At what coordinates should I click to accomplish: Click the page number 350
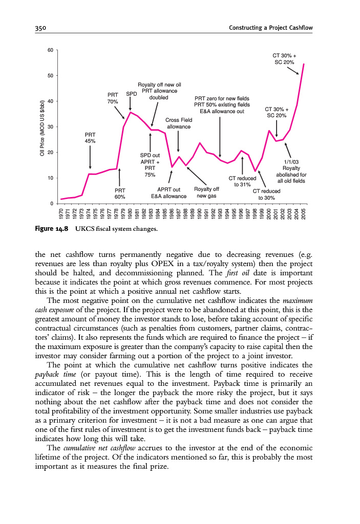[x=34, y=28]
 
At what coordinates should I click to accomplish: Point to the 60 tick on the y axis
[x=50, y=50]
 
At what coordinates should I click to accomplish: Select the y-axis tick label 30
[x=50, y=127]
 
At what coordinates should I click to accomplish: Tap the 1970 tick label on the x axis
[x=61, y=214]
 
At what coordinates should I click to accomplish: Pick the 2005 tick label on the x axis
[x=304, y=214]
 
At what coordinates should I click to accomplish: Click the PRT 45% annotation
[x=90, y=138]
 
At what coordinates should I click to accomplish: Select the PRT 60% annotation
[x=120, y=193]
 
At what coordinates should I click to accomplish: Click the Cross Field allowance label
[x=179, y=123]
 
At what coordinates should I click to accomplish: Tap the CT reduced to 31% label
[x=242, y=182]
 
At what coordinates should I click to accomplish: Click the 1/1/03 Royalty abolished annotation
[x=291, y=171]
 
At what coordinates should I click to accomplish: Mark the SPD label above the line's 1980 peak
[x=131, y=95]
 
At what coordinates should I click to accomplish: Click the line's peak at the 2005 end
[x=304, y=64]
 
